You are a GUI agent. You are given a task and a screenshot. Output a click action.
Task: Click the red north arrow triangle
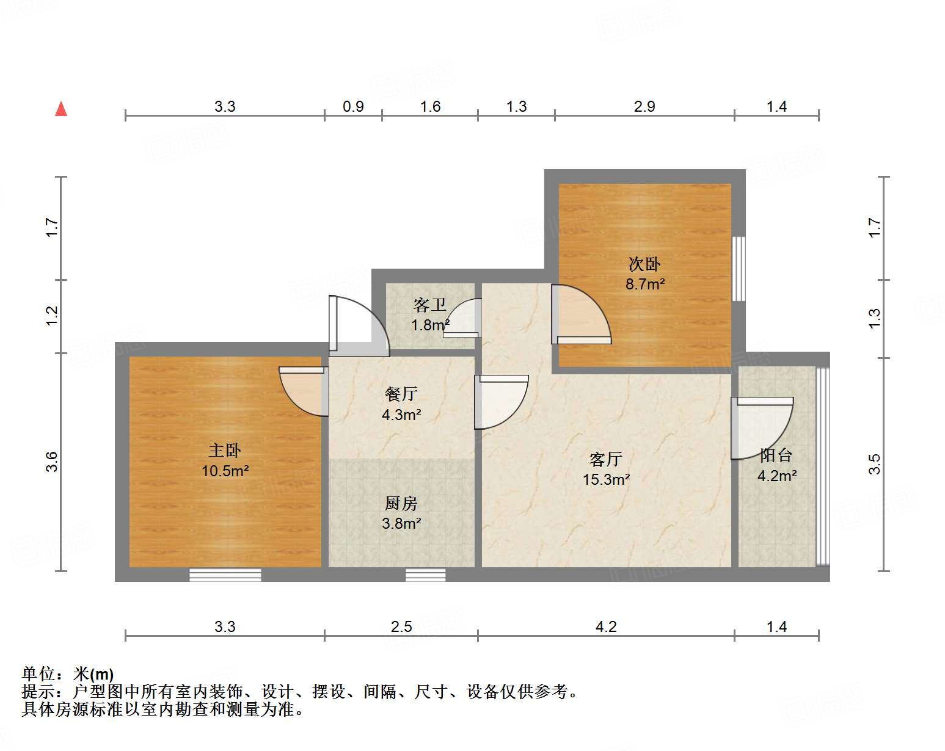pyautogui.click(x=61, y=109)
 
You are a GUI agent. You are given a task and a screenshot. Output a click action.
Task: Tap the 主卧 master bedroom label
pyautogui.click(x=225, y=451)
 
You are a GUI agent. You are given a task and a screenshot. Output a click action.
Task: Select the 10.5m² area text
pyautogui.click(x=225, y=471)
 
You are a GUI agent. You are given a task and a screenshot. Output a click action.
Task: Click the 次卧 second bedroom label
pyautogui.click(x=644, y=264)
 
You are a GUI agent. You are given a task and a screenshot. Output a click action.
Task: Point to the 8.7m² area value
pyautogui.click(x=644, y=284)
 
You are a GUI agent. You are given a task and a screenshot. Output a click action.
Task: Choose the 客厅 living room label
pyautogui.click(x=606, y=459)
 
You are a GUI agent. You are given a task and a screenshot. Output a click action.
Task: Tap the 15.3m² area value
pyautogui.click(x=606, y=479)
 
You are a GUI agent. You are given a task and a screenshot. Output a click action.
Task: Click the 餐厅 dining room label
pyautogui.click(x=401, y=394)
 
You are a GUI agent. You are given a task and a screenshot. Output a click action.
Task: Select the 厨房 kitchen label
pyautogui.click(x=401, y=503)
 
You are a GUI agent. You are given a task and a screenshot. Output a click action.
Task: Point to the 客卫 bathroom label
pyautogui.click(x=430, y=305)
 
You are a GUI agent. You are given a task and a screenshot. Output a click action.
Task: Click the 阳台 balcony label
pyautogui.click(x=776, y=455)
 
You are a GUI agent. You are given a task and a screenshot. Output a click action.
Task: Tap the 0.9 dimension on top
pyautogui.click(x=353, y=107)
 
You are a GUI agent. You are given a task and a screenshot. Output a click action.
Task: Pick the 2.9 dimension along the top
pyautogui.click(x=644, y=107)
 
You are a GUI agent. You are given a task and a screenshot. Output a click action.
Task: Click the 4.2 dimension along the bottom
pyautogui.click(x=606, y=626)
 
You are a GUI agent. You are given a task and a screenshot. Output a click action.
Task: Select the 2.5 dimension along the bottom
pyautogui.click(x=401, y=626)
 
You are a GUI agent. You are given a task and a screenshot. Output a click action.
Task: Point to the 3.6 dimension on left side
pyautogui.click(x=52, y=462)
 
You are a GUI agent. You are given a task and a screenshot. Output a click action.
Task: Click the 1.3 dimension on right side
pyautogui.click(x=875, y=318)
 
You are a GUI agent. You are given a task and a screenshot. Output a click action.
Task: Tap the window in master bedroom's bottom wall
pyautogui.click(x=225, y=575)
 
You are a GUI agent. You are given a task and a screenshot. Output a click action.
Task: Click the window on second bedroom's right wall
pyautogui.click(x=739, y=269)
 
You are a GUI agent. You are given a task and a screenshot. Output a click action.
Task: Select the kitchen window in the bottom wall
pyautogui.click(x=425, y=575)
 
